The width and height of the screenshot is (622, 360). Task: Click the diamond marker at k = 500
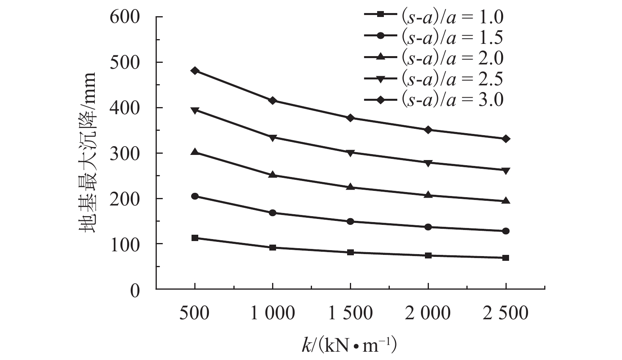(x=195, y=71)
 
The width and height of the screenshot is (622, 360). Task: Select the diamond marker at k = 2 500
(x=506, y=139)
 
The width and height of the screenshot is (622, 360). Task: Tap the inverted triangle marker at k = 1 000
(x=272, y=138)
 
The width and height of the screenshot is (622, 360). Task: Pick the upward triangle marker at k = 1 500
(x=350, y=187)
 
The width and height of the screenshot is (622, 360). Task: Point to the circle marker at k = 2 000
(x=428, y=227)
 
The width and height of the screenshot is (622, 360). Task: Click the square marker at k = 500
(x=195, y=238)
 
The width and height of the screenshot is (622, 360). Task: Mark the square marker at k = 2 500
(x=506, y=258)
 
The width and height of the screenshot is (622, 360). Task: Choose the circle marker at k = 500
(x=195, y=196)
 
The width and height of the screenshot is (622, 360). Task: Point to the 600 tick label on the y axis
(x=125, y=18)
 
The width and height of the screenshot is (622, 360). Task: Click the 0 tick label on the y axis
(x=135, y=291)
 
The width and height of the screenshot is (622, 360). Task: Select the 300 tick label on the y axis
(x=125, y=154)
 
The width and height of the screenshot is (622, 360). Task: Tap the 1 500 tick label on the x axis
(x=350, y=314)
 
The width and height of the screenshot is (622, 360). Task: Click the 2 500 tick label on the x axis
(x=506, y=314)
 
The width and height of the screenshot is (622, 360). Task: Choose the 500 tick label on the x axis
(x=195, y=314)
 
